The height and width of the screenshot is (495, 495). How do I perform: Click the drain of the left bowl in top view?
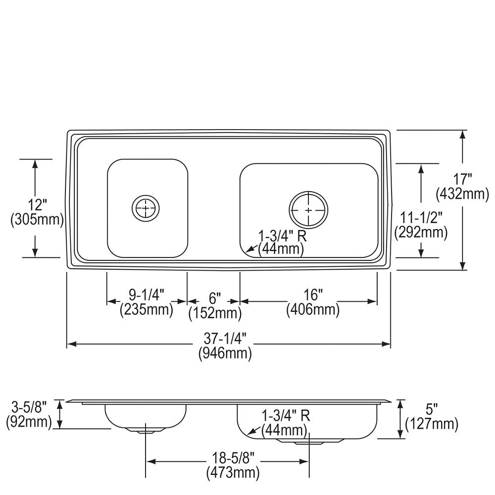point(145,208)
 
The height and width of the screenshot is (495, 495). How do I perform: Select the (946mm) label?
point(225,353)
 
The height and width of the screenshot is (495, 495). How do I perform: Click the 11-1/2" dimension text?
point(421,217)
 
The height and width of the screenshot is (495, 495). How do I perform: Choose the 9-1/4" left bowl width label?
point(147,296)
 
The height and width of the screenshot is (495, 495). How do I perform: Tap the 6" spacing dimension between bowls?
point(214,298)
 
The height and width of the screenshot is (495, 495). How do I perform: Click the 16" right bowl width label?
point(313,296)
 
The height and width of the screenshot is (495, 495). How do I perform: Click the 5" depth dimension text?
point(432,410)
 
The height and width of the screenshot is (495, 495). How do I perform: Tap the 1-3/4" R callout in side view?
point(285,414)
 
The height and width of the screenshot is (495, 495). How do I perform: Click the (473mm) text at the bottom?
point(233,473)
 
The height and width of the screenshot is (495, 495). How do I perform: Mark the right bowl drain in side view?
point(308,441)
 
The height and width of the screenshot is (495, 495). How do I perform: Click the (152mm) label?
point(215,313)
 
